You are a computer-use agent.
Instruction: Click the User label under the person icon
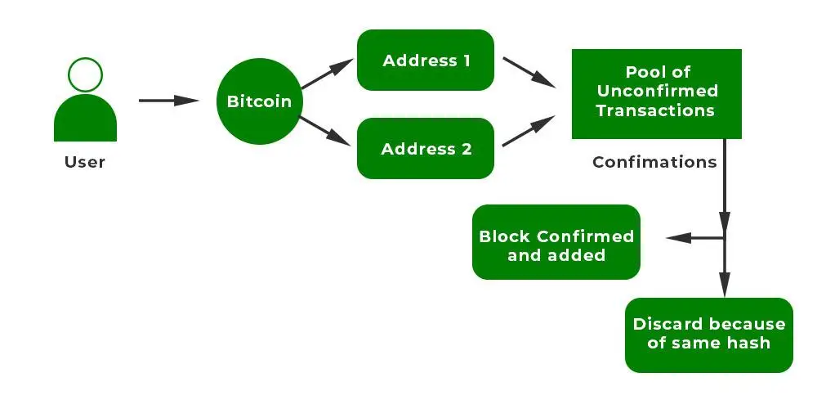click(x=85, y=162)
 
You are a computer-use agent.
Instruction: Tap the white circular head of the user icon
click(x=85, y=75)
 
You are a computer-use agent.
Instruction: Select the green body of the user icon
click(x=85, y=120)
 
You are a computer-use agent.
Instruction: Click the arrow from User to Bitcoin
click(x=168, y=101)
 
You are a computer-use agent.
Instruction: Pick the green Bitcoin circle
click(x=258, y=102)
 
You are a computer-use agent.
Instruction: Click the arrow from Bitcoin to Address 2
click(x=326, y=132)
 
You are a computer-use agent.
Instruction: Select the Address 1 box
click(x=426, y=61)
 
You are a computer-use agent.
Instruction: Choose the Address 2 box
click(x=426, y=149)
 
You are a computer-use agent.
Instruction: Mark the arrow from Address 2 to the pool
click(x=529, y=133)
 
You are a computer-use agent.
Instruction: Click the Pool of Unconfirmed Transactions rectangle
click(x=656, y=93)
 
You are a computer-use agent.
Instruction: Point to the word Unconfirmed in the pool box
click(x=656, y=91)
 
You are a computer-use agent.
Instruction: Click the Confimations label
click(x=654, y=162)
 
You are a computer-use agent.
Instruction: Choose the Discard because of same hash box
click(x=709, y=335)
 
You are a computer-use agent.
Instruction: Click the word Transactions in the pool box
click(x=656, y=110)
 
